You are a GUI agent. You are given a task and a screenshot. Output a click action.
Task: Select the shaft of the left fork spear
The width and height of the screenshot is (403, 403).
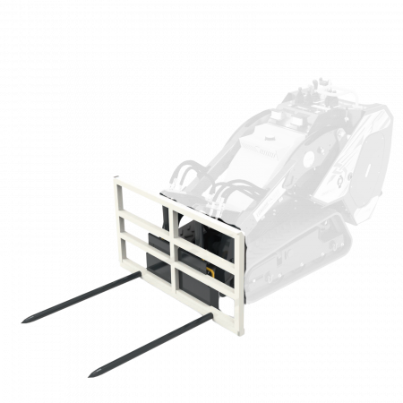(x=72, y=298)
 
